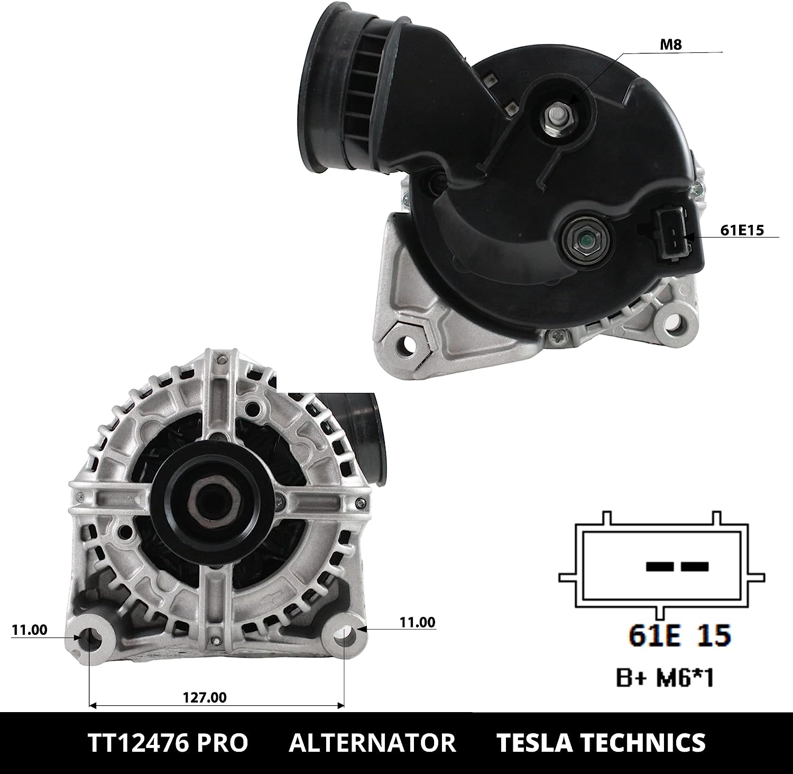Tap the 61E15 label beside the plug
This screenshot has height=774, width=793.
point(742,230)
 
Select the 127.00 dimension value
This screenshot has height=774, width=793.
point(205,697)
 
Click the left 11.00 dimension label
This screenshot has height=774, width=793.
point(29,630)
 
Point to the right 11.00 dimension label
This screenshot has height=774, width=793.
point(418,622)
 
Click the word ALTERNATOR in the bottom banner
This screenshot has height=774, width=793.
point(372,742)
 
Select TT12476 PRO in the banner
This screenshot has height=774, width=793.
point(168,742)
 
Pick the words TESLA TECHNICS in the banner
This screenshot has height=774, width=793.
point(601,742)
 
